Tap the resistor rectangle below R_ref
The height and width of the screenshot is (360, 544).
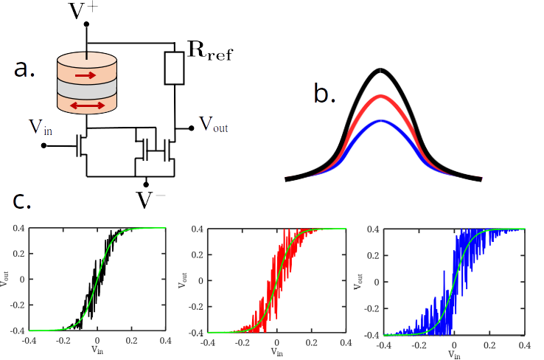pyautogui.click(x=175, y=68)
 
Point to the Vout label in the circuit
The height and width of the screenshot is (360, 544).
pyautogui.click(x=214, y=126)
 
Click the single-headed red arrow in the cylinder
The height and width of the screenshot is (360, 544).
pyautogui.click(x=86, y=75)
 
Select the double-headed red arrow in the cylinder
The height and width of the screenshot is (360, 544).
pyautogui.click(x=86, y=105)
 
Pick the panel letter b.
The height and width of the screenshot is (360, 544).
pyautogui.click(x=325, y=94)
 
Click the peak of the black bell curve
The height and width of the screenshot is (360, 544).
pyautogui.click(x=380, y=71)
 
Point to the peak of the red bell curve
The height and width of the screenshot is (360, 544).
pyautogui.click(x=380, y=97)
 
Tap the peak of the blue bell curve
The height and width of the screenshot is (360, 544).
pyautogui.click(x=380, y=121)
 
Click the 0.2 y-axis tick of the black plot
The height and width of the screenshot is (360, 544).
pyautogui.click(x=20, y=254)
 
